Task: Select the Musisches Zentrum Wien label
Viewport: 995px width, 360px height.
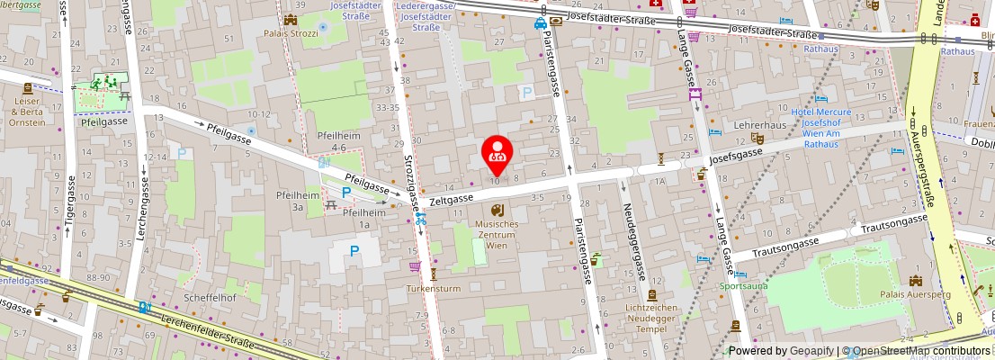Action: coord(497,233)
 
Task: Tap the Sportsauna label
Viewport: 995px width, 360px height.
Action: coord(744,287)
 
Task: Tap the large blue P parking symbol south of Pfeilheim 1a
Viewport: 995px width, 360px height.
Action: coord(354,252)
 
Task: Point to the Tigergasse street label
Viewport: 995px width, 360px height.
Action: coord(65,217)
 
